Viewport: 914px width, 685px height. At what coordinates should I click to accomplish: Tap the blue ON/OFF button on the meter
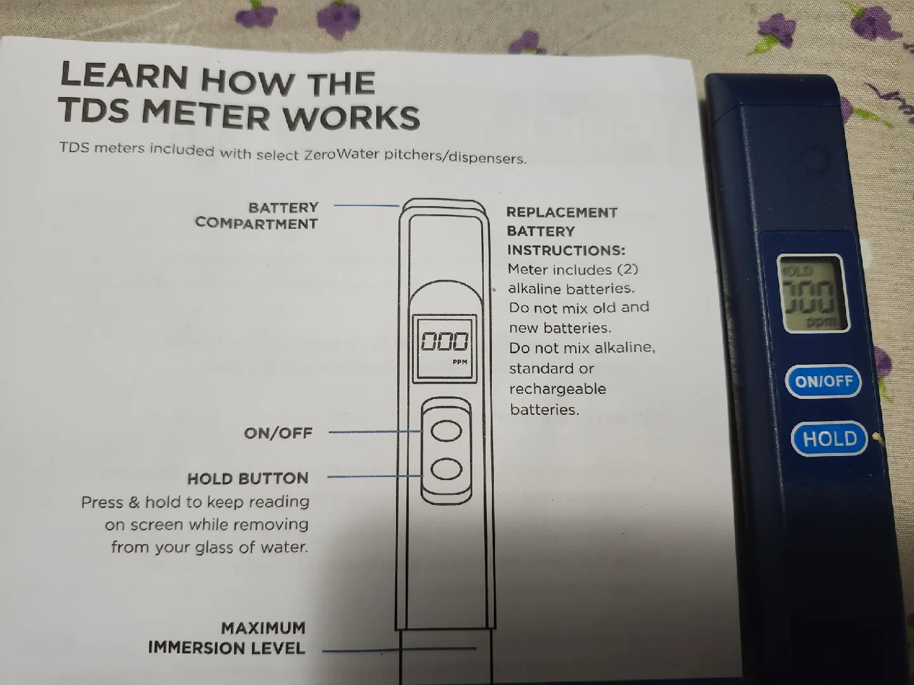pyautogui.click(x=823, y=381)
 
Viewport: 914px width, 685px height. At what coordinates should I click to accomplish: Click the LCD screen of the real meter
pyautogui.click(x=812, y=294)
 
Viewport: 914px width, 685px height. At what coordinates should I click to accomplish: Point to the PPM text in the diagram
pyautogui.click(x=460, y=362)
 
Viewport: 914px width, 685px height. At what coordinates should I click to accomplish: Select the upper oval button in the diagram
pyautogui.click(x=446, y=431)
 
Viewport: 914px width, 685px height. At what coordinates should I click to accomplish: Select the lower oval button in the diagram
pyautogui.click(x=446, y=469)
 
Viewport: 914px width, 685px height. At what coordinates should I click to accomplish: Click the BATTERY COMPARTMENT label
pyautogui.click(x=257, y=216)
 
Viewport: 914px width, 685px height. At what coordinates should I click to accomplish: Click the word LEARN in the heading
pyautogui.click(x=124, y=76)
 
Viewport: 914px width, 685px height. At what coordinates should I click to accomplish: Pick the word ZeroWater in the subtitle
pyautogui.click(x=342, y=155)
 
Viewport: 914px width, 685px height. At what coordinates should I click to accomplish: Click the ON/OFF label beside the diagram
pyautogui.click(x=278, y=433)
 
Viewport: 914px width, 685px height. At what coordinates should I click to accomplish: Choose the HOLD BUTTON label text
pyautogui.click(x=248, y=478)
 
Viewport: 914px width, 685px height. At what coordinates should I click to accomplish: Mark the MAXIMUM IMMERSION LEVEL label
pyautogui.click(x=227, y=638)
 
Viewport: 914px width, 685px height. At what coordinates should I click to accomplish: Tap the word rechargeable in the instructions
pyautogui.click(x=557, y=389)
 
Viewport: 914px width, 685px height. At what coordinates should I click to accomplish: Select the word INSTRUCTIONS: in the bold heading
pyautogui.click(x=566, y=250)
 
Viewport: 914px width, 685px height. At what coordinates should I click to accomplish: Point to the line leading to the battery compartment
pyautogui.click(x=366, y=205)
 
